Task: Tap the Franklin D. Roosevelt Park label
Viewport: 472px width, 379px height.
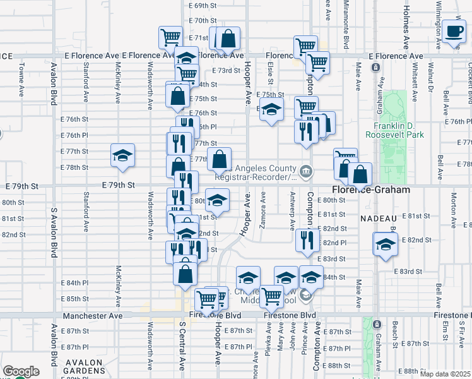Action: [395, 128]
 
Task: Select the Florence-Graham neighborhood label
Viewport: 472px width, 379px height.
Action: [371, 189]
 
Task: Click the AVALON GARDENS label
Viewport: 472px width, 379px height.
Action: [78, 367]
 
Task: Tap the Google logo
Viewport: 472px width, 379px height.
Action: [21, 372]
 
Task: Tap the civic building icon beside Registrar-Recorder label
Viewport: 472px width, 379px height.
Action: [305, 169]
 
